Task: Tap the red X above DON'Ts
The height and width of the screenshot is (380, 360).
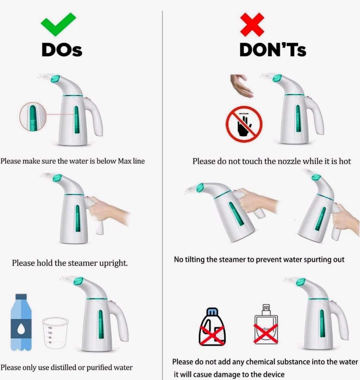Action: click(252, 25)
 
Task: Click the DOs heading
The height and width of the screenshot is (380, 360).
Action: click(62, 50)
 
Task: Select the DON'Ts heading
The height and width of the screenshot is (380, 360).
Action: click(273, 50)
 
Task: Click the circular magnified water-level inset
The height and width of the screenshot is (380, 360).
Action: click(33, 117)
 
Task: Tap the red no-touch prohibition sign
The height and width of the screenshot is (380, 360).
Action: click(244, 124)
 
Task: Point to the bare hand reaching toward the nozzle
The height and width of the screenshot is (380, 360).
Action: click(241, 85)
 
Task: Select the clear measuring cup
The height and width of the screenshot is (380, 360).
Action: click(55, 333)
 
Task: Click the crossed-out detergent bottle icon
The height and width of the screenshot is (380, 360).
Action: click(212, 327)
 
